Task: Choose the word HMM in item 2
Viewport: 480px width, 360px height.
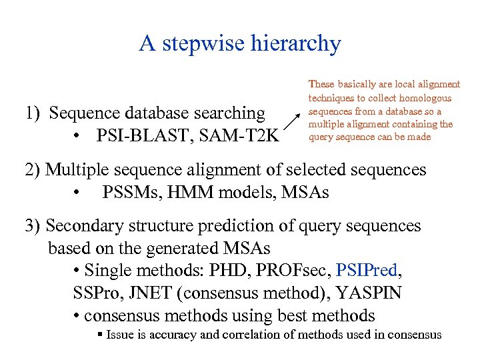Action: (x=193, y=193)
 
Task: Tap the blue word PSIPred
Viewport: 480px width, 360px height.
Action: (x=367, y=271)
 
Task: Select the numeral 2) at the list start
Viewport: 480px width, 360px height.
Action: (x=33, y=170)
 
